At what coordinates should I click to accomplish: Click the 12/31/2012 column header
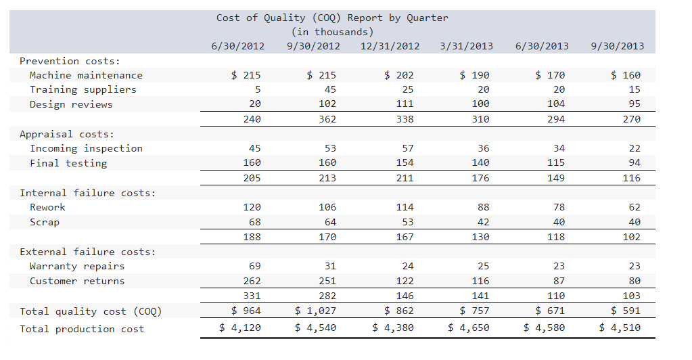coord(390,46)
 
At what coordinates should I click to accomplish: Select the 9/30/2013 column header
coord(617,46)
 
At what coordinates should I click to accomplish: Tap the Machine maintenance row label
coord(86,75)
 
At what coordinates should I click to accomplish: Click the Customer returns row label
coord(77,281)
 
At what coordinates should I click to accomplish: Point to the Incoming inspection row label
coord(86,148)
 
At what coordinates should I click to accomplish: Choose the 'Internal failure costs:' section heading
coord(87,193)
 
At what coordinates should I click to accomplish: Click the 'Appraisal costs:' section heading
coord(67,134)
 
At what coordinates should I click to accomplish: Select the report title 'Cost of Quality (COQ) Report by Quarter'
coord(332,18)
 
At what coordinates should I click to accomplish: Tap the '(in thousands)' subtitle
coord(332,32)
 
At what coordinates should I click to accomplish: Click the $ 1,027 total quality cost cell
coord(317,311)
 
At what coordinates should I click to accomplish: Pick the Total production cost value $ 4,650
coord(468,328)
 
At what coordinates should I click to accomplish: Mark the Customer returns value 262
coord(252,281)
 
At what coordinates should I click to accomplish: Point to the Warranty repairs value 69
coord(254,266)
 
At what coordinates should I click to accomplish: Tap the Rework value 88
coord(483,207)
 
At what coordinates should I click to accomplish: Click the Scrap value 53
coord(407,222)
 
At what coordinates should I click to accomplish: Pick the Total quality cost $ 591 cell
coord(625,311)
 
